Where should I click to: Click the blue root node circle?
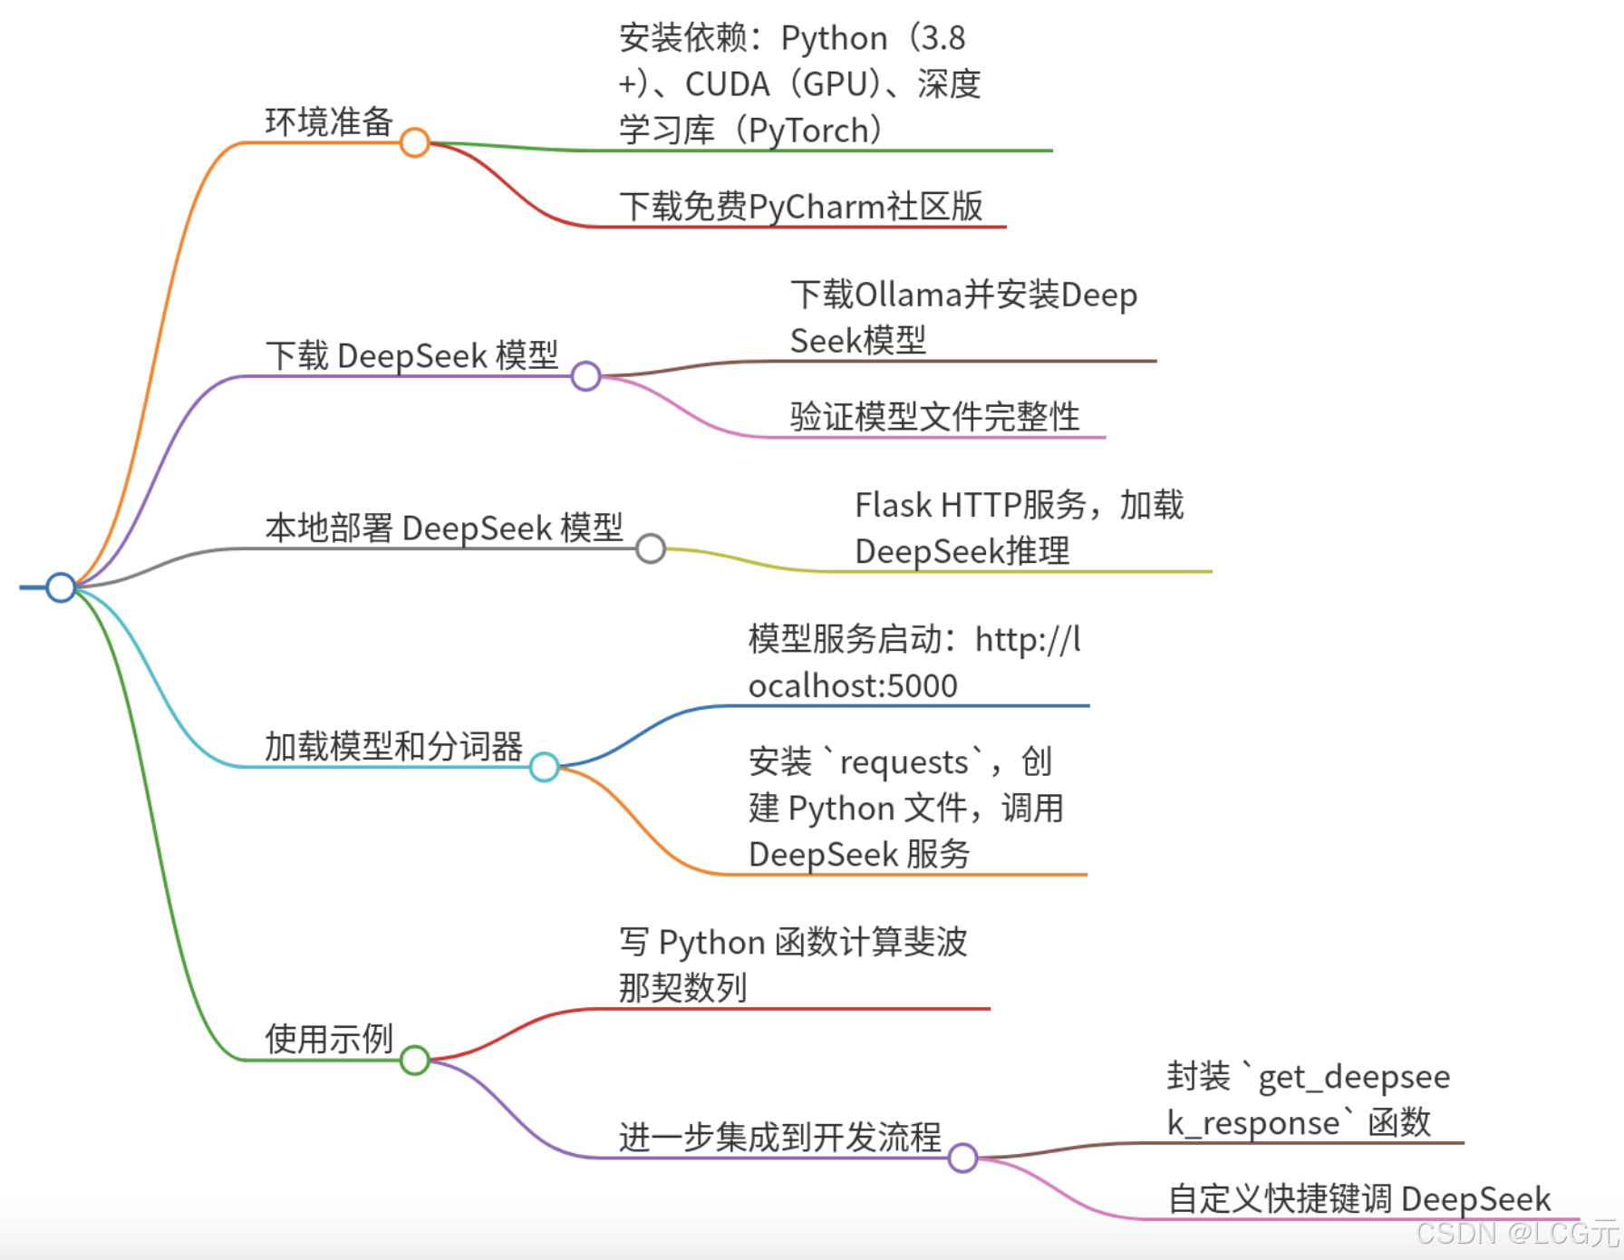61,587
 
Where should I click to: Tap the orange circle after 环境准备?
414,142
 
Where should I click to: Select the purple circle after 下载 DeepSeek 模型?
585,375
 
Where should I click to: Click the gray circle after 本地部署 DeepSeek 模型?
651,548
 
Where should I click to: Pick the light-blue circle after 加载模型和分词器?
544,767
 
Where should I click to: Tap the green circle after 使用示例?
414,1060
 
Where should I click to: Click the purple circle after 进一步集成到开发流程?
962,1158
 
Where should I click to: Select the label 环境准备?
328,121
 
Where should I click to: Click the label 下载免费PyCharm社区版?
801,207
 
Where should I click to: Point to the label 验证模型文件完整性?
934,417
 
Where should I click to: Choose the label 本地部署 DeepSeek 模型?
444,528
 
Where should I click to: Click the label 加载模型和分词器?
393,747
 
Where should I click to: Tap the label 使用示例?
328,1039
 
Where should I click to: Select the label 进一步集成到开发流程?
779,1137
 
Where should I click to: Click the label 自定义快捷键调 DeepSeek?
1358,1199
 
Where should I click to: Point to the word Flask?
893,505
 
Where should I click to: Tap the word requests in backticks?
904,762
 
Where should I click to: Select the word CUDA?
727,84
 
